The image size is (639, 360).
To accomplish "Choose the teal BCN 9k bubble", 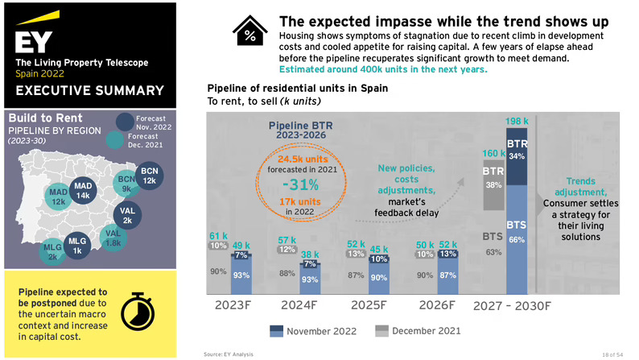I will (x=126, y=184).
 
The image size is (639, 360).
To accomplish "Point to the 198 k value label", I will (x=517, y=122).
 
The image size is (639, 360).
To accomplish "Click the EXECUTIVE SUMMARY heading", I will (x=89, y=91).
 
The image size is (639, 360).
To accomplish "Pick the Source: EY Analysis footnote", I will (x=229, y=354).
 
